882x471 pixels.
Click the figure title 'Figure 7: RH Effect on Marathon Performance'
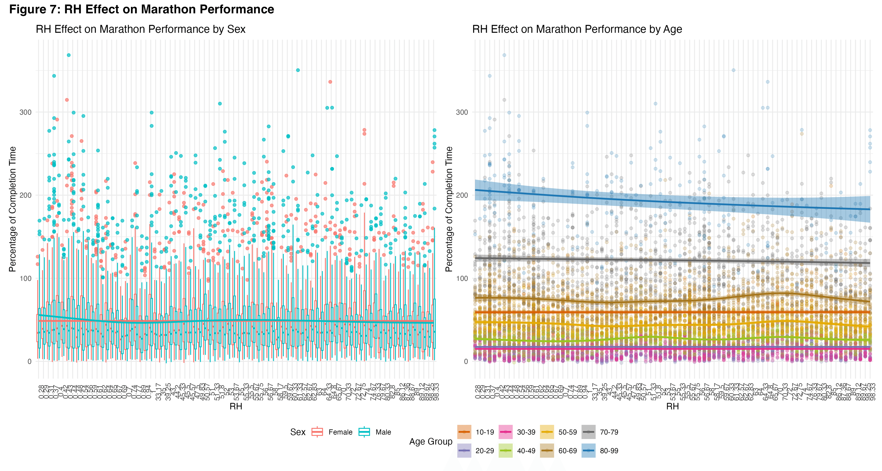141,9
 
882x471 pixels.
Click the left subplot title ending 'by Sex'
140,29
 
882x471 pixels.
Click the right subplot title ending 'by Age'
577,29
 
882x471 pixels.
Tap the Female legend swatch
317,432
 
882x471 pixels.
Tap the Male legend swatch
364,432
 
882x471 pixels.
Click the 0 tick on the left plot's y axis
29,361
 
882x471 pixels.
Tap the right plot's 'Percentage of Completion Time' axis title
449,209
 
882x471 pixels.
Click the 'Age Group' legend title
431,442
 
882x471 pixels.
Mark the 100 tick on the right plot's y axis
462,278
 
